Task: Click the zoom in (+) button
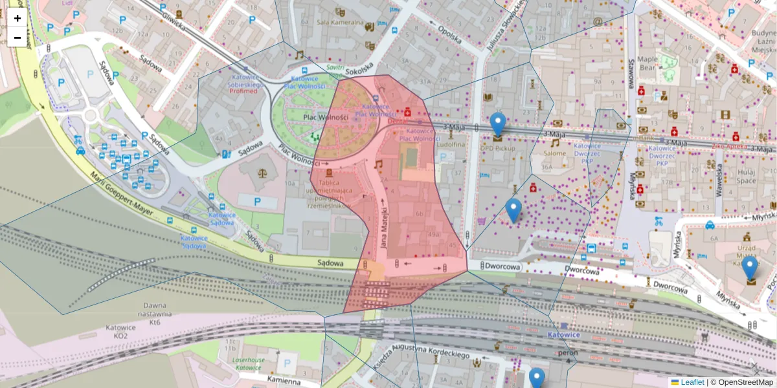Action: pos(17,18)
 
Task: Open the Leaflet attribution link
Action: pos(692,382)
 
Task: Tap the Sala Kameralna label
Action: pos(339,21)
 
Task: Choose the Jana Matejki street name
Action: pos(384,226)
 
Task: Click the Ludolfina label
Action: pos(451,145)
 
